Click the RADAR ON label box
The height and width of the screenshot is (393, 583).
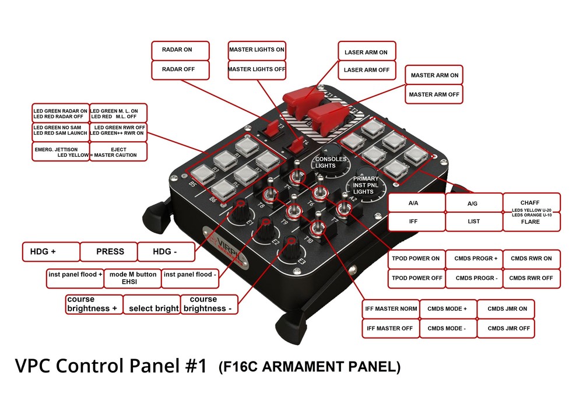click(180, 50)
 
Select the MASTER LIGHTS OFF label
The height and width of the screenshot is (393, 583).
click(257, 69)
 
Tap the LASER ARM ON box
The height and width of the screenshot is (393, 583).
click(366, 52)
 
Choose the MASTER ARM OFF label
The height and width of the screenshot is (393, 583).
click(434, 94)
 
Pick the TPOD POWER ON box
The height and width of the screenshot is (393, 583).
click(416, 258)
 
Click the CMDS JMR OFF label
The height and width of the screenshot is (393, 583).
click(505, 328)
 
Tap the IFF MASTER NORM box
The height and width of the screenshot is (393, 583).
click(389, 308)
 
